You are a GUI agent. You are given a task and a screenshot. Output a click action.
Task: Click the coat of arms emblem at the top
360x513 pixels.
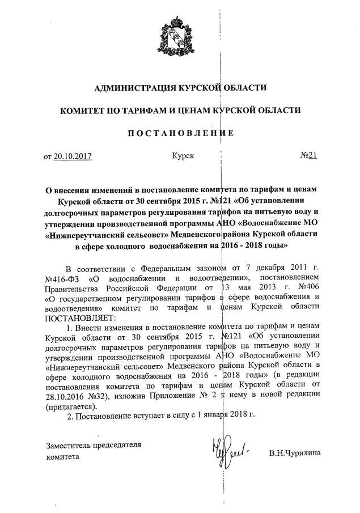[179, 39]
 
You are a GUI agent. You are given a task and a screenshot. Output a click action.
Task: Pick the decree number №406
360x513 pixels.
[307, 287]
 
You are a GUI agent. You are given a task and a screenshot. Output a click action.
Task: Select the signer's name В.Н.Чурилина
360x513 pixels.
[295, 453]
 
